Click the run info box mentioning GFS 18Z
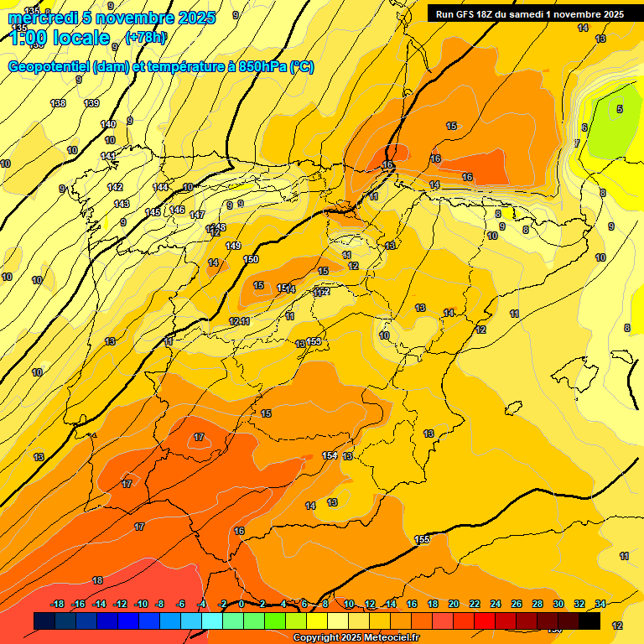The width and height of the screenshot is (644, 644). pyautogui.click(x=529, y=14)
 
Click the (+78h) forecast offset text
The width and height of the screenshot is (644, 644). pyautogui.click(x=146, y=38)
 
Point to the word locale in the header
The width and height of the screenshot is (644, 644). pyautogui.click(x=80, y=38)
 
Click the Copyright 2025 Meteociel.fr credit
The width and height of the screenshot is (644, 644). pyautogui.click(x=356, y=638)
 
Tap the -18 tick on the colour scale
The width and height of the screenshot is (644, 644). pyautogui.click(x=58, y=605)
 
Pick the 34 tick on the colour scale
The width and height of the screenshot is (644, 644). pyautogui.click(x=600, y=605)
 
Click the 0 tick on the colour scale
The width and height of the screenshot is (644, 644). pyautogui.click(x=241, y=605)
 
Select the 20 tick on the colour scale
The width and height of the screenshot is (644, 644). pyautogui.click(x=454, y=605)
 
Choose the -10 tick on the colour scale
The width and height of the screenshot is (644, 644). pyautogui.click(x=141, y=605)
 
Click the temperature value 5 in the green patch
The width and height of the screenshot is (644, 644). pyautogui.click(x=620, y=109)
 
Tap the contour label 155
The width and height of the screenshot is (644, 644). pyautogui.click(x=422, y=539)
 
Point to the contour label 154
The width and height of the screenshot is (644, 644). pyautogui.click(x=330, y=455)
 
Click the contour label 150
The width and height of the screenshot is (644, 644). pyautogui.click(x=251, y=260)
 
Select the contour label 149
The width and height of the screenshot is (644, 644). pyautogui.click(x=233, y=246)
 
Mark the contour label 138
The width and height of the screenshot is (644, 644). pyautogui.click(x=58, y=103)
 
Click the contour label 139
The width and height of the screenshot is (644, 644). pyautogui.click(x=91, y=103)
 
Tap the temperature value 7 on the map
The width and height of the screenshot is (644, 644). pyautogui.click(x=576, y=143)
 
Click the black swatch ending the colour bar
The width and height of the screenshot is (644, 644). pyautogui.click(x=589, y=621)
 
